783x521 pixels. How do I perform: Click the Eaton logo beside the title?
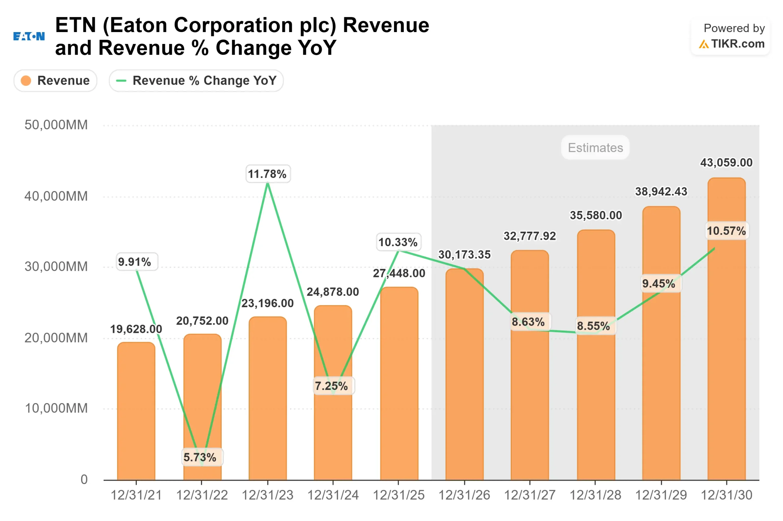point(29,36)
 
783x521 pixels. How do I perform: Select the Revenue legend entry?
point(55,80)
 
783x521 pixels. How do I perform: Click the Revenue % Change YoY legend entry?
point(196,80)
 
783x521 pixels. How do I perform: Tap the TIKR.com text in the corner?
point(737,44)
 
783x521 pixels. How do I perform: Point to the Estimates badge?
point(595,148)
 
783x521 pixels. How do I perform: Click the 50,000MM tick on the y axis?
point(56,125)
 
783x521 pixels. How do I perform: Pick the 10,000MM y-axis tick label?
point(56,408)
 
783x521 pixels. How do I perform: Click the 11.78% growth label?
point(268,174)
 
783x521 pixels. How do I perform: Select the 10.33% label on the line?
point(398,242)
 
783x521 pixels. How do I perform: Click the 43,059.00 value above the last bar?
point(726,163)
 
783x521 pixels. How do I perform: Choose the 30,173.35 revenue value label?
point(464,254)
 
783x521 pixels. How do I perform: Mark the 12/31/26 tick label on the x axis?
point(464,495)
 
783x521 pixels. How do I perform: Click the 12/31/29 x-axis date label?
point(661,495)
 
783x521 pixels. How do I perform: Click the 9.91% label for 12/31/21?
point(135,262)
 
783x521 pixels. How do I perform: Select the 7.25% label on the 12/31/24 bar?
point(332,386)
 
